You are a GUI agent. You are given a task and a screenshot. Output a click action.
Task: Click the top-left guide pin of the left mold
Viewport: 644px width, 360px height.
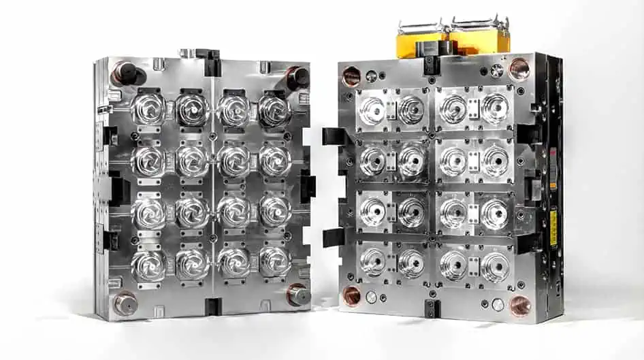point(125,71)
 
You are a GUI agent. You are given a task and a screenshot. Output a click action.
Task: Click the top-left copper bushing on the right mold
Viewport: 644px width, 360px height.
point(351,76)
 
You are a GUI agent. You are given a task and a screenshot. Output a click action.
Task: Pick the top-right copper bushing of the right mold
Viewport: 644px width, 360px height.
point(519,69)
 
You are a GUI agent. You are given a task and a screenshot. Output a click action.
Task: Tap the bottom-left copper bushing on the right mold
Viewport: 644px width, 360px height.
point(352,294)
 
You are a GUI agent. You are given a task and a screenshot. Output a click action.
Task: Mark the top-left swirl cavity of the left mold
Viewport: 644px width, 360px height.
point(148,109)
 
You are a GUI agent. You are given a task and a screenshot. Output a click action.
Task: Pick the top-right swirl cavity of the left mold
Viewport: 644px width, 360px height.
point(274,109)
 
